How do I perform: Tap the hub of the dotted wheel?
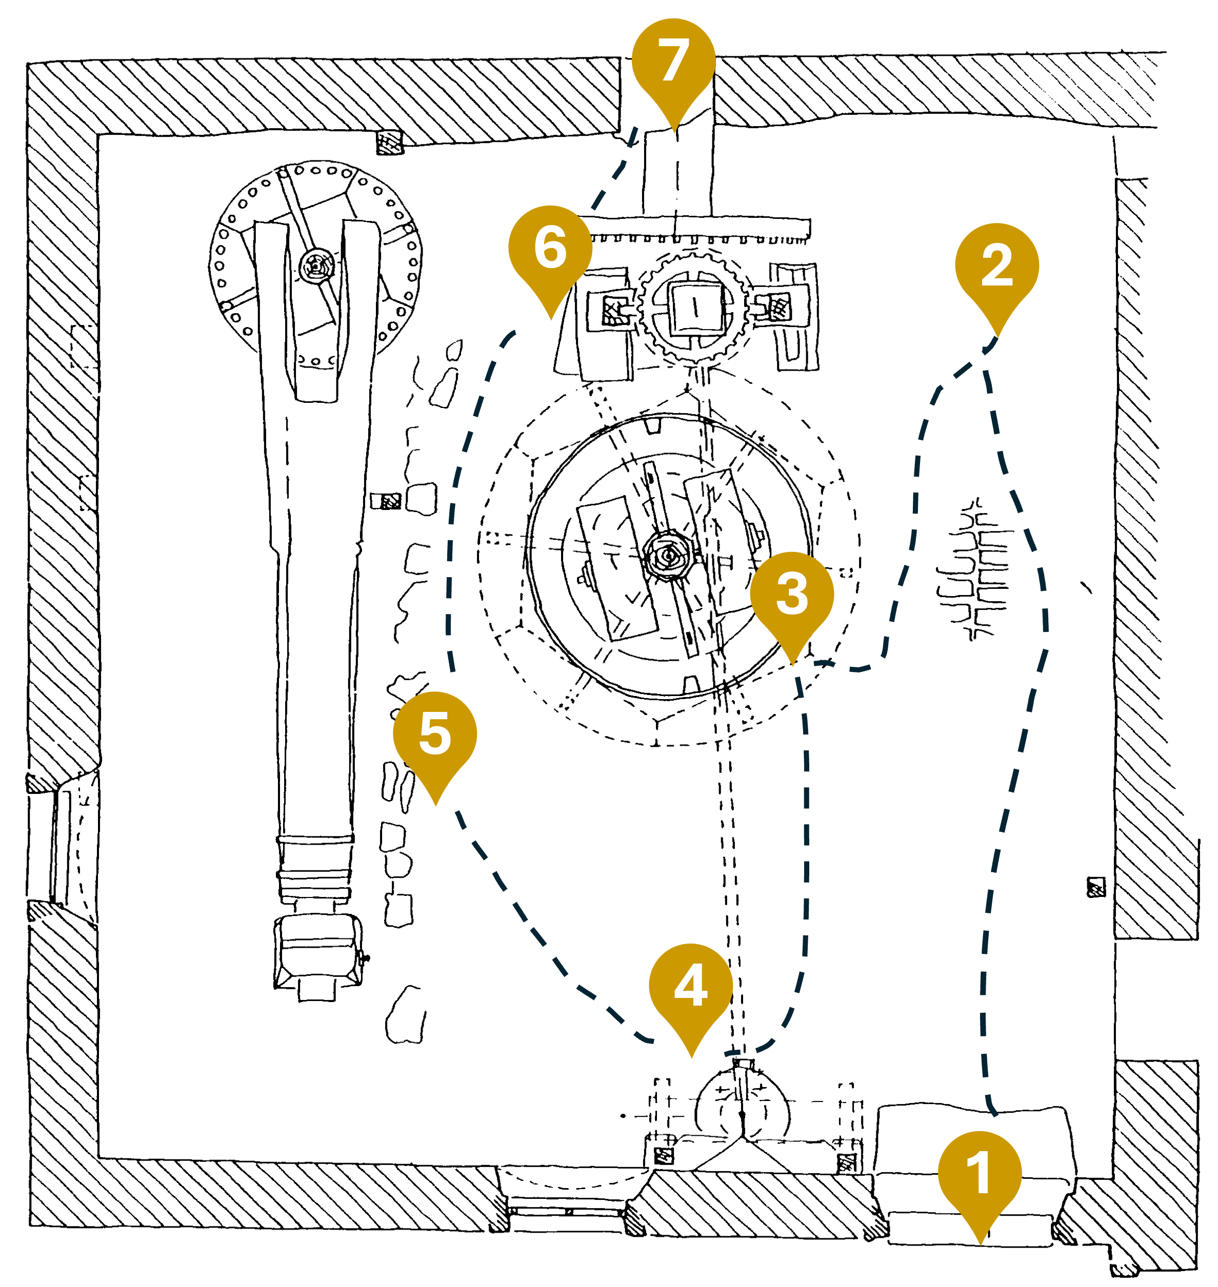(x=317, y=265)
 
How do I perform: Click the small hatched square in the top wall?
(x=390, y=142)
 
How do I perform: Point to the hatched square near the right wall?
(x=1096, y=887)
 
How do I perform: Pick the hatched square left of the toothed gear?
(x=613, y=310)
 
